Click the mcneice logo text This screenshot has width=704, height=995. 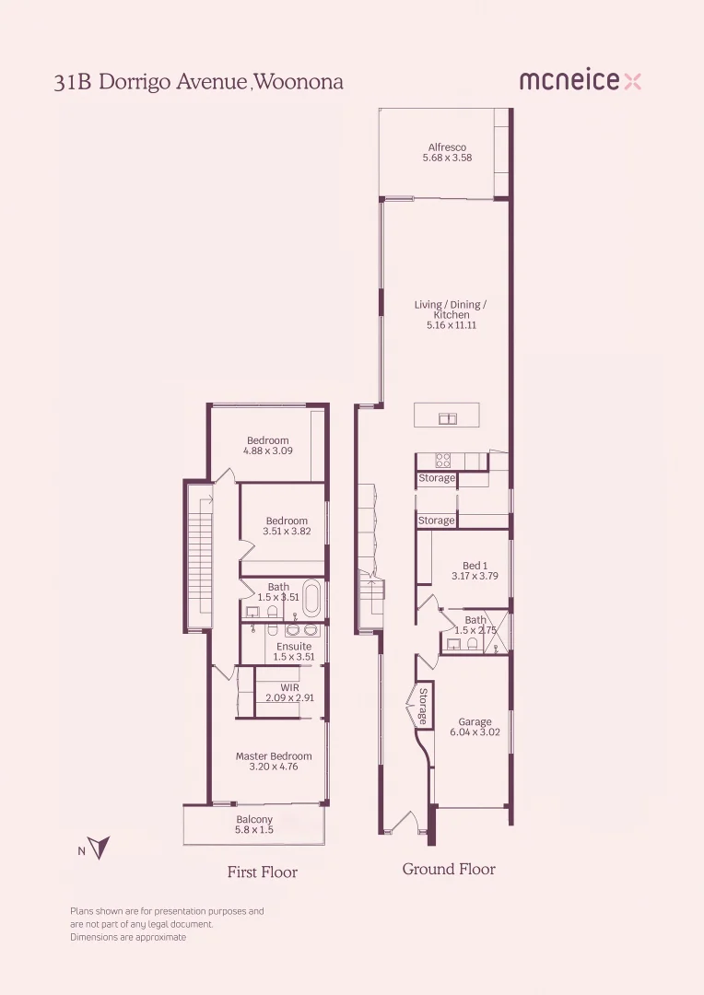point(569,81)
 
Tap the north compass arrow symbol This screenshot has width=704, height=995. point(100,847)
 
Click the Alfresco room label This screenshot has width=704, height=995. point(447,147)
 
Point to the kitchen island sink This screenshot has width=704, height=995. point(447,418)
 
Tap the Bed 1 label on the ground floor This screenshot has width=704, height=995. point(475,566)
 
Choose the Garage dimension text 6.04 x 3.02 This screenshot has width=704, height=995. point(475,733)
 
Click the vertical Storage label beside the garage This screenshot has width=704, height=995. point(423,707)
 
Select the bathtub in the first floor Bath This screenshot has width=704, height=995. point(312,600)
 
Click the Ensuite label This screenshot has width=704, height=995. point(294,647)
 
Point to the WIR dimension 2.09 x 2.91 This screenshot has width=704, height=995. point(289,697)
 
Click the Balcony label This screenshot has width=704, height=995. point(254,820)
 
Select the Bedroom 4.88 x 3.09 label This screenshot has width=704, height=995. point(267,440)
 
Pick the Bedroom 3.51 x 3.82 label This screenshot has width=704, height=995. point(287,521)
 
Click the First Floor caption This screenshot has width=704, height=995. point(263,872)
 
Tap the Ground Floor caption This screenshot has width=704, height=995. point(449,869)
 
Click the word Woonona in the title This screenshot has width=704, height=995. point(299,82)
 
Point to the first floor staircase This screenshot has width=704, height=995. point(200,556)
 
